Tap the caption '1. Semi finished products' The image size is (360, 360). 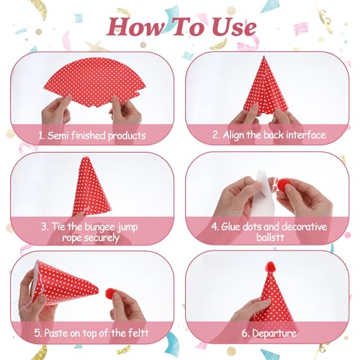click(92, 135)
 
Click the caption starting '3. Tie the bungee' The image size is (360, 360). click(92, 232)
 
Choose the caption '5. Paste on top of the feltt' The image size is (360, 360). click(92, 332)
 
